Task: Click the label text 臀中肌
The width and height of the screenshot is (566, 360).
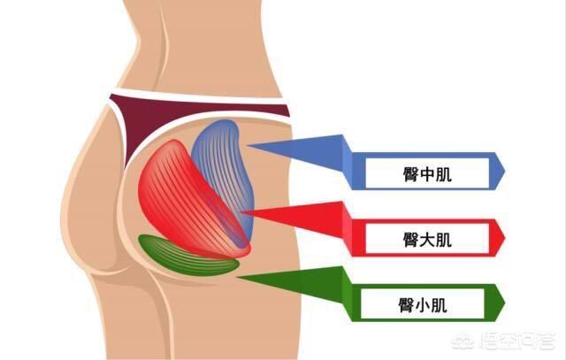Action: pos(427,174)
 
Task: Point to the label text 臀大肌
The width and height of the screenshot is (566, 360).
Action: pos(427,240)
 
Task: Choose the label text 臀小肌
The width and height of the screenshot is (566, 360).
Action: pos(423,305)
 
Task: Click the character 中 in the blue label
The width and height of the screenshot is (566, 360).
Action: pos(427,174)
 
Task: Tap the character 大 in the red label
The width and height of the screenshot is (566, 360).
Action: pos(427,240)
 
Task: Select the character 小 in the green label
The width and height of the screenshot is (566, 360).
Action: pos(423,305)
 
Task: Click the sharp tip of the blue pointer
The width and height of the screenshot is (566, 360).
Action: pos(248,145)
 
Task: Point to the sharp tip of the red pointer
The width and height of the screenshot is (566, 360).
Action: pos(242,212)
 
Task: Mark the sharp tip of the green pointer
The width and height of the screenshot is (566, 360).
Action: pos(238,278)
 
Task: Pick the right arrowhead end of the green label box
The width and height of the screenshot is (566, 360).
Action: pos(504,303)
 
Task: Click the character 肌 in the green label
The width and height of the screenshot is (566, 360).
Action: pos(440,305)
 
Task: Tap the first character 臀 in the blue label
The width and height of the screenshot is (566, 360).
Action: pos(410,174)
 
